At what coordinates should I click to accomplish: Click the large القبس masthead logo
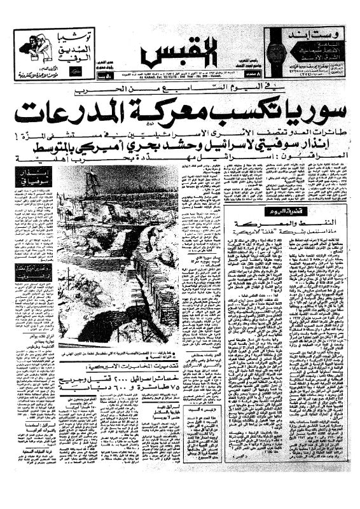pyautogui.click(x=180, y=52)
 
